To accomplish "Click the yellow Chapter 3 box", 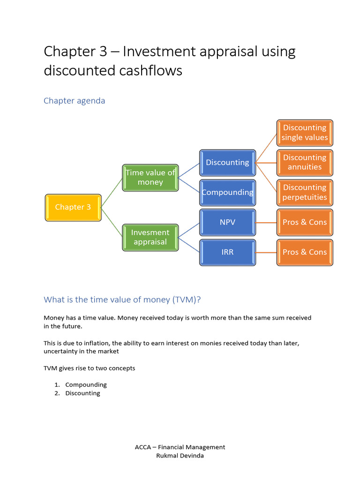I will click(73, 207).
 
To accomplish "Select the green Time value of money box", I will click(150, 178).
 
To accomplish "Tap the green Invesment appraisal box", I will click(150, 237).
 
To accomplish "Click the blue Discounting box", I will click(228, 163).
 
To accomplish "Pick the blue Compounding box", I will click(228, 192).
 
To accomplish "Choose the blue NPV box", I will click(228, 222).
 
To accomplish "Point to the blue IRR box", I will click(228, 252).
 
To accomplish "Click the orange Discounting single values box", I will click(305, 133).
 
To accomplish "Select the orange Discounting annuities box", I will click(305, 163).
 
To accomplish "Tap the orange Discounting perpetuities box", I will click(305, 192).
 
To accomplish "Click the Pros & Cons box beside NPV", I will click(305, 222).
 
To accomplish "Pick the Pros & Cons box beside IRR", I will click(305, 252).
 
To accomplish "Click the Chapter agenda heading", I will click(74, 101).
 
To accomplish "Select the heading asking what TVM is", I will click(125, 300).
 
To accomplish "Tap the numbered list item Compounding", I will click(86, 385).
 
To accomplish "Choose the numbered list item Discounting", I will click(82, 393).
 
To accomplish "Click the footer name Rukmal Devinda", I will click(180, 456).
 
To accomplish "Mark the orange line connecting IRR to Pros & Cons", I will click(266, 252).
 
